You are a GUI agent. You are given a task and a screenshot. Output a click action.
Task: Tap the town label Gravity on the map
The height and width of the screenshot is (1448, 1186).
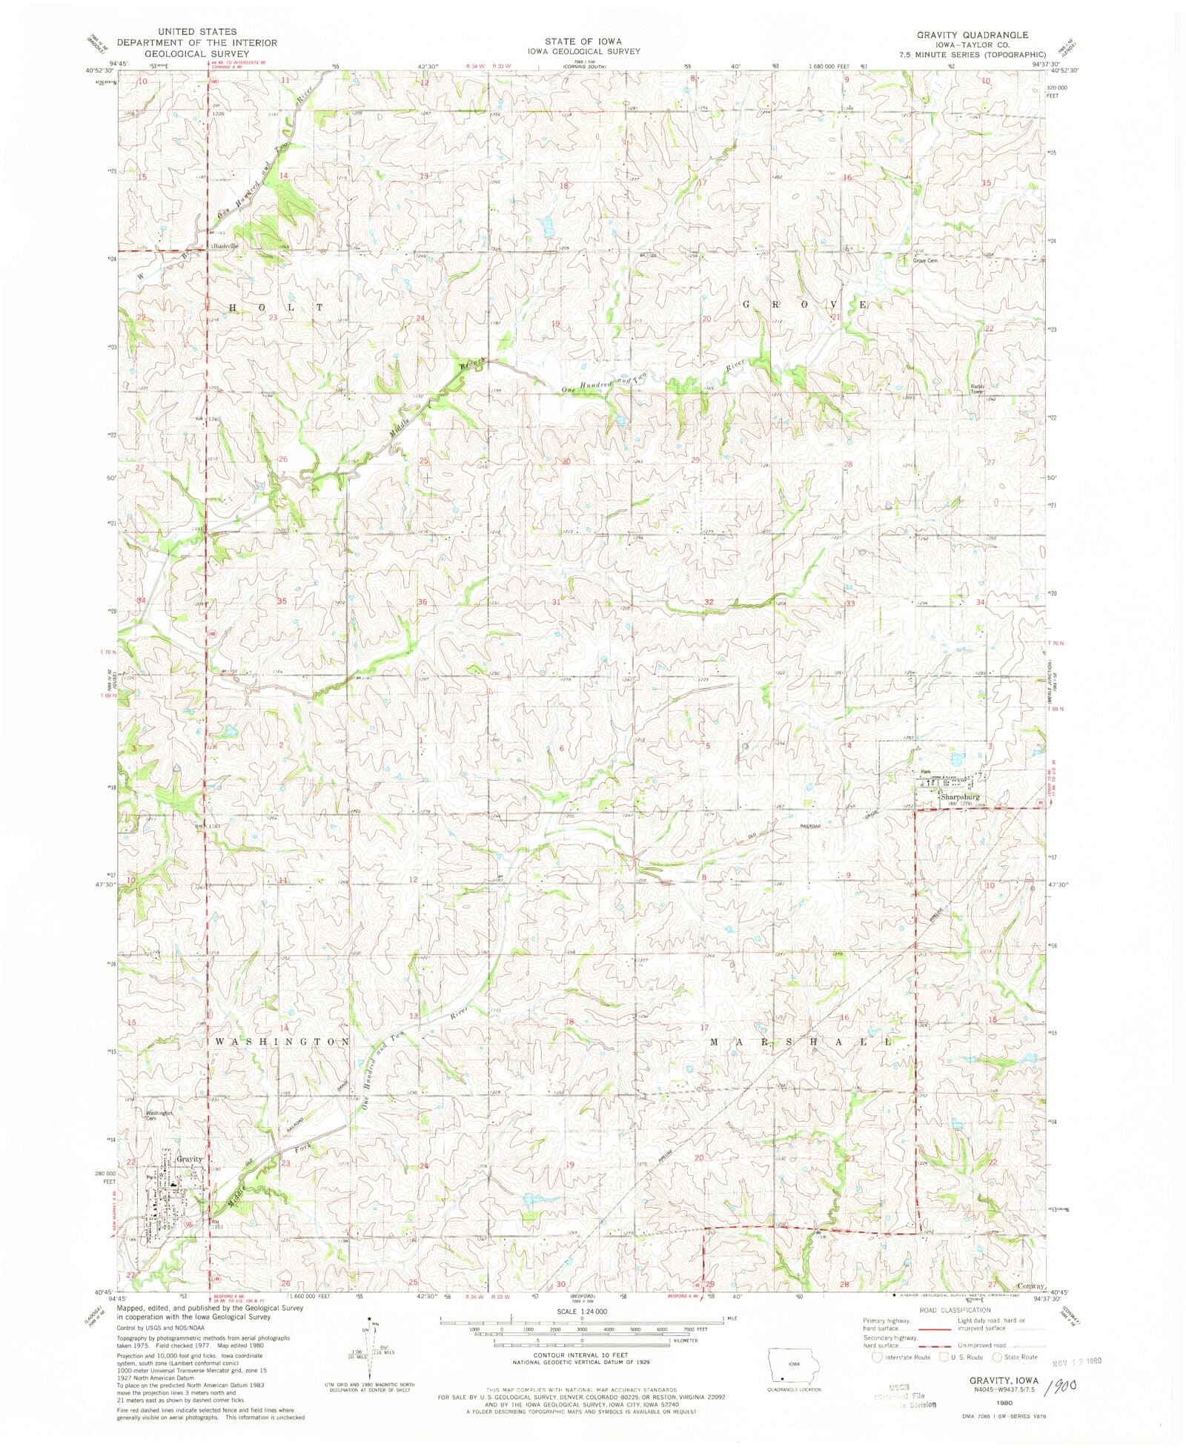pyautogui.click(x=189, y=1158)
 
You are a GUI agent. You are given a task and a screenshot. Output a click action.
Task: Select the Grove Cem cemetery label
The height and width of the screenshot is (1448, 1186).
pyautogui.click(x=927, y=260)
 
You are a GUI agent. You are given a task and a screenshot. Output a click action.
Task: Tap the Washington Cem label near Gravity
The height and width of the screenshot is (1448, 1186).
pyautogui.click(x=159, y=1115)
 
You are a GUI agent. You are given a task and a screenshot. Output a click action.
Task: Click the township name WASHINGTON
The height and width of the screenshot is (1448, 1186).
pyautogui.click(x=282, y=1042)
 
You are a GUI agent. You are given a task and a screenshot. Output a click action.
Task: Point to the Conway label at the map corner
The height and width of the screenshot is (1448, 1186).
pyautogui.click(x=1030, y=1286)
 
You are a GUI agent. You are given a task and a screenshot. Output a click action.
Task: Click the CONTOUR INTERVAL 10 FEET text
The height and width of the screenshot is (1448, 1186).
pyautogui.click(x=581, y=1354)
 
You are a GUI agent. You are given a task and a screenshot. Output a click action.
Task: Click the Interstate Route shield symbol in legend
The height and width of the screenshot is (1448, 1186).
pyautogui.click(x=878, y=1357)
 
